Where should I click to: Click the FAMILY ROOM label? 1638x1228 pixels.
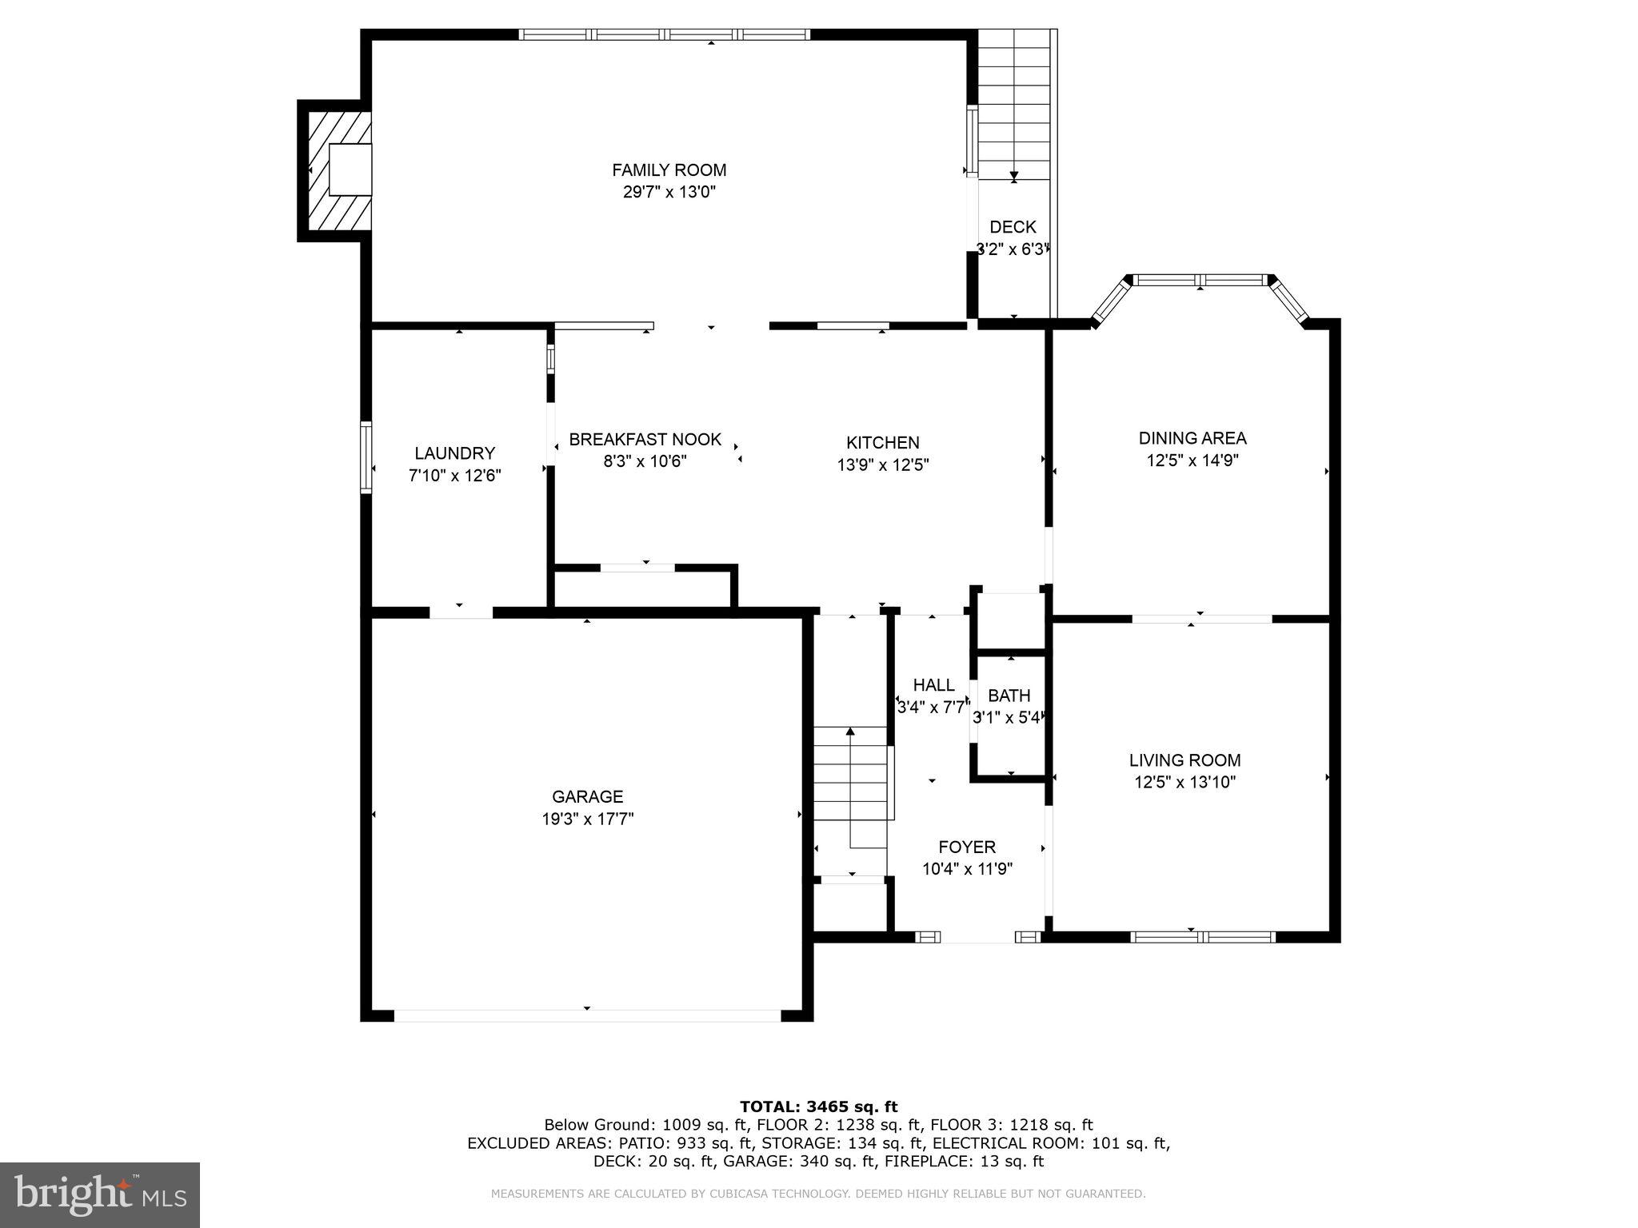669,170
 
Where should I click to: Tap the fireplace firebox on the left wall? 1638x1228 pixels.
350,169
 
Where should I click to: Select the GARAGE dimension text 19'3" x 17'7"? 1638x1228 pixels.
587,819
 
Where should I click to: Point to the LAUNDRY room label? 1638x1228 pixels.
454,453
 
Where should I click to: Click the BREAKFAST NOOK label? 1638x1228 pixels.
645,440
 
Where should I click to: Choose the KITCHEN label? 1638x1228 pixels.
883,443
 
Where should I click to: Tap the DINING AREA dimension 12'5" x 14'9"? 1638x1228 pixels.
1192,460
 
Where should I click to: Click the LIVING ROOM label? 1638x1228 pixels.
1185,760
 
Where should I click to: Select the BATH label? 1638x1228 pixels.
1009,696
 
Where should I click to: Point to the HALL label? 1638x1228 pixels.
933,685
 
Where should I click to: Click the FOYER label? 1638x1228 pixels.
967,847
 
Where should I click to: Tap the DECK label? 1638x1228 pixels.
1013,227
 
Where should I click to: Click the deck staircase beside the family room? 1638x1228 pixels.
1014,105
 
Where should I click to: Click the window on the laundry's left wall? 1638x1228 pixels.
366,457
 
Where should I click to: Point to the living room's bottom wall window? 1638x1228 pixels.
1203,937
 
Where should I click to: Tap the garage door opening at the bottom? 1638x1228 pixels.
587,1015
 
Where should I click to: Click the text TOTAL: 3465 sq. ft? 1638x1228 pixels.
818,1106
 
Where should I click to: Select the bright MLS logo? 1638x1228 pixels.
100,1195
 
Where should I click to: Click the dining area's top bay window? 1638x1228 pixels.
1201,280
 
